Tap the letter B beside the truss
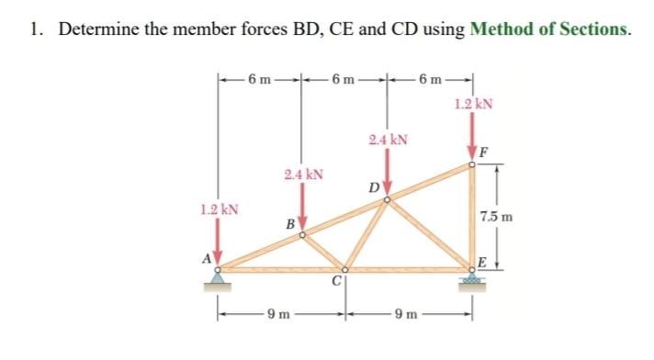tap(288, 223)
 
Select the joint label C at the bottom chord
tap(337, 282)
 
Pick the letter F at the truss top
tap(483, 152)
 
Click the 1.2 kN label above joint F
tap(473, 104)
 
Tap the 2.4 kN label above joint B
tap(303, 174)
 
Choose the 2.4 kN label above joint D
tap(387, 141)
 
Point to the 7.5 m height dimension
tap(497, 219)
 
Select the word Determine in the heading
tap(100, 28)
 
